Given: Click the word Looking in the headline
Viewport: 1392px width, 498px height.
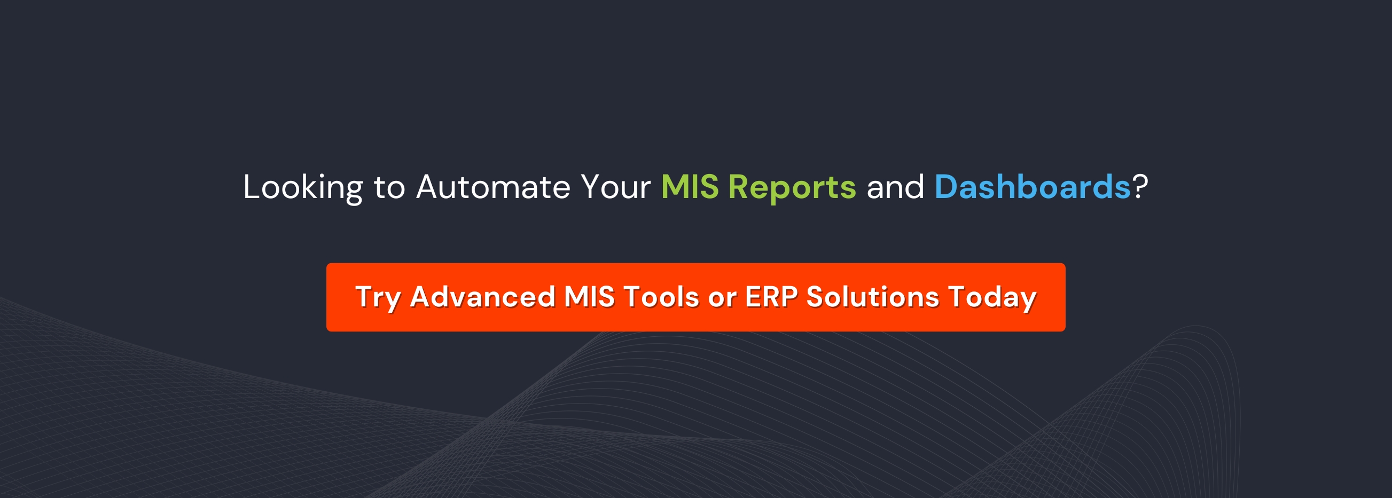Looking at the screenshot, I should point(303,187).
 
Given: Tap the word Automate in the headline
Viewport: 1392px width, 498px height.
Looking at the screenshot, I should point(493,187).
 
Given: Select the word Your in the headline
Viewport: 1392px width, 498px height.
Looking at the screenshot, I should point(615,187).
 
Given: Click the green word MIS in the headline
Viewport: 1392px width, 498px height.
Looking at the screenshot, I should point(690,187).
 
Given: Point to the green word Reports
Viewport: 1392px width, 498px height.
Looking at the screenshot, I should point(792,187).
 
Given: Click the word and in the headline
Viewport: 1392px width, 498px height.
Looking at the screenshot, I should point(895,187).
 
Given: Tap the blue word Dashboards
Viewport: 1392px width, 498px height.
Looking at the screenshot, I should point(1032,187).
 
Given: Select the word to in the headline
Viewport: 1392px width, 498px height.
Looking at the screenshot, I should point(389,187).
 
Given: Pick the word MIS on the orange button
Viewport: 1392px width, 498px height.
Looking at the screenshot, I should point(589,297).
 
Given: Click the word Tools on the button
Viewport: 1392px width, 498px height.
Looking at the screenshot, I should point(661,297).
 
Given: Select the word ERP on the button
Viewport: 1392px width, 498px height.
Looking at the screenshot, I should point(771,297).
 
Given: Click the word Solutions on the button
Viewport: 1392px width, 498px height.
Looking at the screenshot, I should point(873,297).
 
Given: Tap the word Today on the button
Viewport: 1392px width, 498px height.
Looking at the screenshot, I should point(992,298).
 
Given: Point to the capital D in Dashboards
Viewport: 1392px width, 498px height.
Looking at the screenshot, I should point(946,187).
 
